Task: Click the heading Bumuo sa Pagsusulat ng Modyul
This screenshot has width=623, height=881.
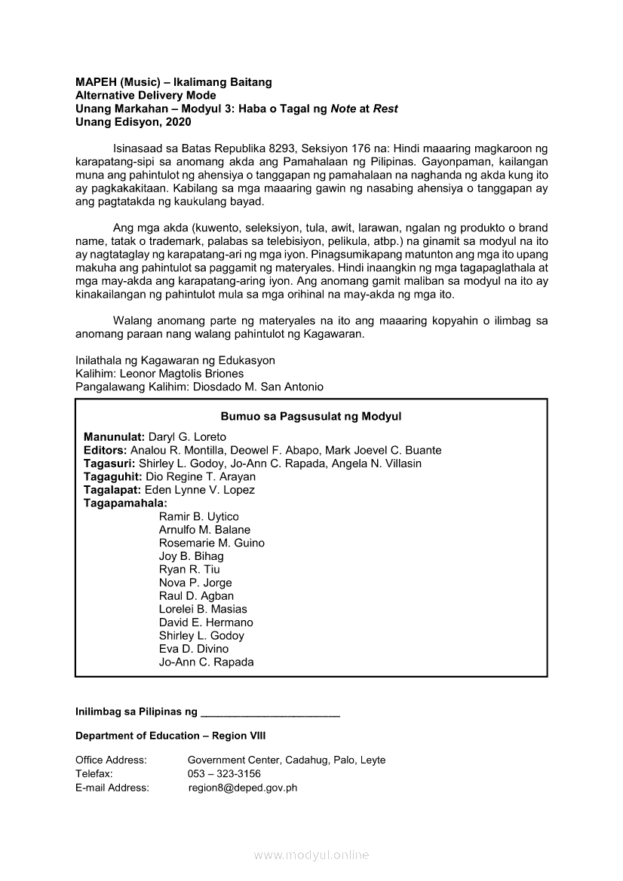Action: tap(311, 416)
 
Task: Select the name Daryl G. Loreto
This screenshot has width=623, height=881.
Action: tap(187, 437)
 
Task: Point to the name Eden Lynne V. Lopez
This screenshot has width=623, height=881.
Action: tap(199, 490)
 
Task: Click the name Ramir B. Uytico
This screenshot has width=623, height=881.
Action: tap(198, 516)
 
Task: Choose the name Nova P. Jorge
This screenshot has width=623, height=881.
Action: tap(195, 583)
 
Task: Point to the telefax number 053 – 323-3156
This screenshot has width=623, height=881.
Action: tap(224, 774)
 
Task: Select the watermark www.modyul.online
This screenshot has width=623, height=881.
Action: tap(311, 855)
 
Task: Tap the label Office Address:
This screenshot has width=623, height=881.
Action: tap(111, 760)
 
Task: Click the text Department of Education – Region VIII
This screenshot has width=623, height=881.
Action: tap(170, 736)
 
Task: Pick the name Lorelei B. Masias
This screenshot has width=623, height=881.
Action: tap(203, 609)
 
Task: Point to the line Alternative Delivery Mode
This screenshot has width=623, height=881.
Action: tap(146, 95)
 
